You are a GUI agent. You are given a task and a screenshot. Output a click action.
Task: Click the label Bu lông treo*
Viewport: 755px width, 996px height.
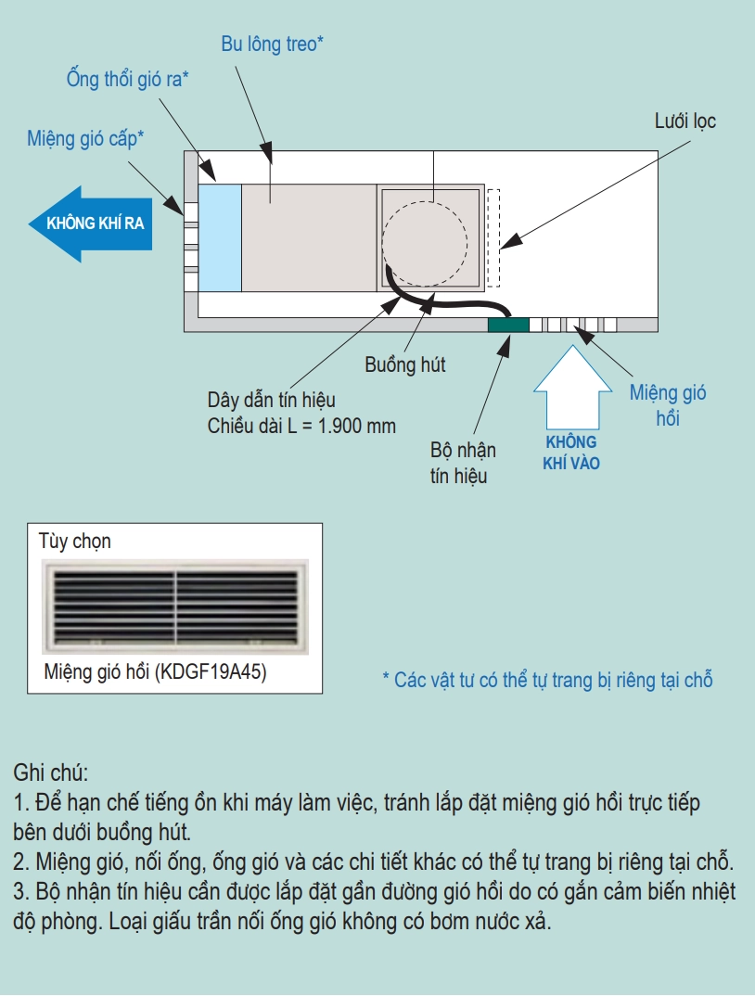tap(272, 44)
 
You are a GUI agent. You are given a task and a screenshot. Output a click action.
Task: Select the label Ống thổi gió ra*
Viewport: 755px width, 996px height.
tap(128, 79)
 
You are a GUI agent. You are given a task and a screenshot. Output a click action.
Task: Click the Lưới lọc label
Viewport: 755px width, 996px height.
tap(685, 121)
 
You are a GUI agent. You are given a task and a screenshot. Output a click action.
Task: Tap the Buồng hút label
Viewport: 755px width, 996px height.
tap(404, 364)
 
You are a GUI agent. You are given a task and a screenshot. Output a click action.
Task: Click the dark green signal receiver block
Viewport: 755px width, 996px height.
tap(508, 324)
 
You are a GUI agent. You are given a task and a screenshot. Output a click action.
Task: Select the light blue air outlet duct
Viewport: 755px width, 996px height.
tap(221, 236)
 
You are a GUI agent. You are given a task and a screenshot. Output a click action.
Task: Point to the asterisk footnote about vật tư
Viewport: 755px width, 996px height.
tap(547, 680)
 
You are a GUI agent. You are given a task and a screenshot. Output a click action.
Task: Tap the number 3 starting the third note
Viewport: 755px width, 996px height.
tap(19, 892)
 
